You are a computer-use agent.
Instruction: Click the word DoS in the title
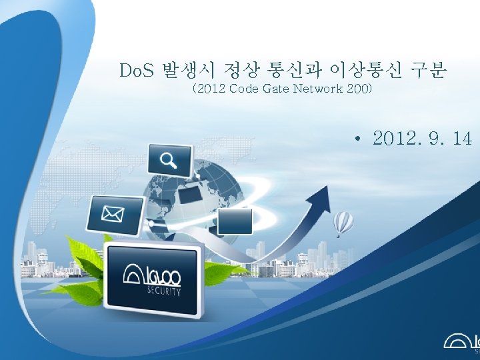pos(136,69)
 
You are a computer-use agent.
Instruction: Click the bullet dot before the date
pos(359,139)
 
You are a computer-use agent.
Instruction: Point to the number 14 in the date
pos(461,139)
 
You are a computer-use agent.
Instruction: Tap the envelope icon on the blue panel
pos(114,213)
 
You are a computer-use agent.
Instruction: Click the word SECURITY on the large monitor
pos(163,291)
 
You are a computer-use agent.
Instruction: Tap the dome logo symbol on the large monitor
pos(134,274)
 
